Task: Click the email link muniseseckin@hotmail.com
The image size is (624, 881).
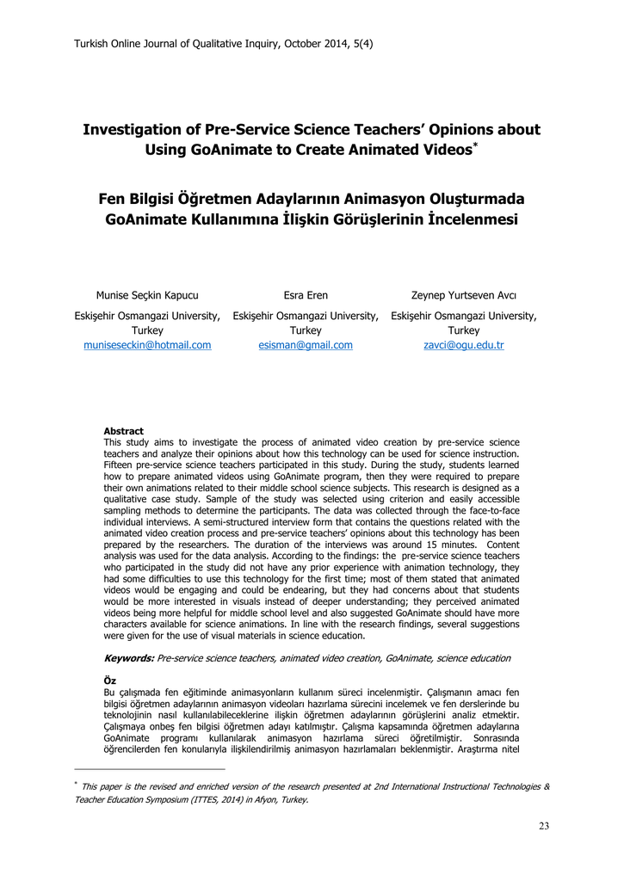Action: pyautogui.click(x=147, y=345)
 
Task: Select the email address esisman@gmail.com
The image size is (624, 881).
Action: pyautogui.click(x=306, y=345)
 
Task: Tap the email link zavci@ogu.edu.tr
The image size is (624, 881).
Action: pyautogui.click(x=464, y=345)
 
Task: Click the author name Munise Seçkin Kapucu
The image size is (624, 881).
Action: pyautogui.click(x=147, y=295)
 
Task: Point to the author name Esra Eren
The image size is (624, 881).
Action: pyautogui.click(x=306, y=295)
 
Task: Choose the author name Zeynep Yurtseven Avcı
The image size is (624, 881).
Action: pyautogui.click(x=464, y=295)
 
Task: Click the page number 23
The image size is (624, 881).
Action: pyautogui.click(x=544, y=826)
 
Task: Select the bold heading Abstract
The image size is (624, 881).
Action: pyautogui.click(x=124, y=431)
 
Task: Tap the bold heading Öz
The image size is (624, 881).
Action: pyautogui.click(x=110, y=681)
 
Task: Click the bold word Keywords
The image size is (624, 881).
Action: pyautogui.click(x=129, y=658)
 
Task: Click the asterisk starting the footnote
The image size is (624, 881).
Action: pyautogui.click(x=76, y=784)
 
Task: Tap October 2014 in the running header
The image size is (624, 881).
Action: pyautogui.click(x=314, y=43)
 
